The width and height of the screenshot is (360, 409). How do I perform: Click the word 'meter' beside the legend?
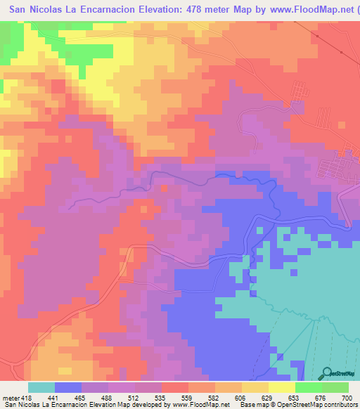click(11, 398)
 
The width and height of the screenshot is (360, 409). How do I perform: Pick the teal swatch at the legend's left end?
click(41, 387)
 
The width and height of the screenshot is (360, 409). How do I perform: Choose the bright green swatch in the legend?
click(308, 387)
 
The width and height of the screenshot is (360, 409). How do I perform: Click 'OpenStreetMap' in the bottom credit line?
click(290, 405)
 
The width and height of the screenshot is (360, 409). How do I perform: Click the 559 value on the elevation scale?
click(185, 398)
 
